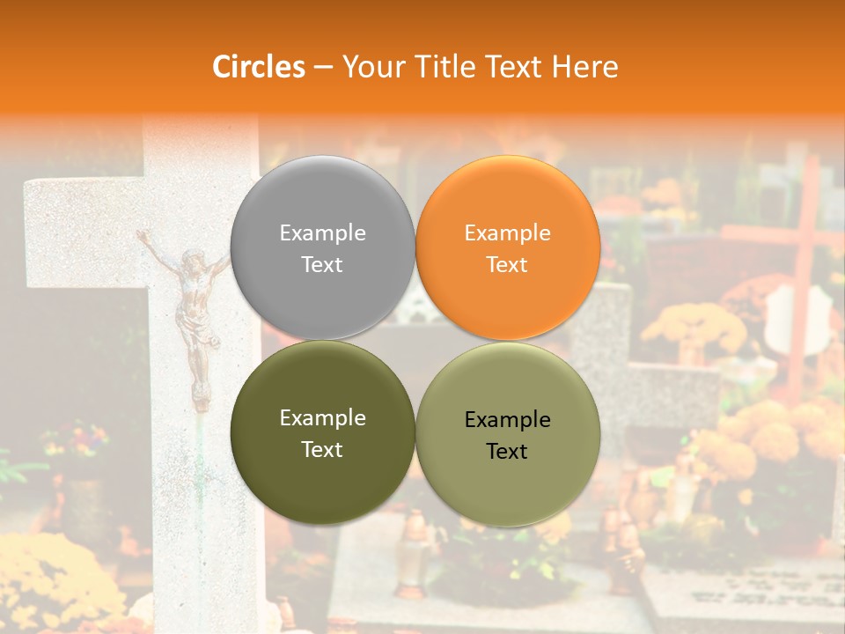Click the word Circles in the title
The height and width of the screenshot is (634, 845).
[x=258, y=67]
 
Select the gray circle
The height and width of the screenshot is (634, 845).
[x=322, y=247]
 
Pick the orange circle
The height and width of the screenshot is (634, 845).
[x=507, y=247]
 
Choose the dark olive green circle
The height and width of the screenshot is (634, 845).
[x=322, y=432]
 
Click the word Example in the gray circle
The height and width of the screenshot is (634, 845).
[x=322, y=232]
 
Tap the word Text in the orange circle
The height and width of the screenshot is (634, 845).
[x=507, y=264]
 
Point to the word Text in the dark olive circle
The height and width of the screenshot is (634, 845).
[x=322, y=449]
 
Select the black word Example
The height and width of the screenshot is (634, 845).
[x=507, y=419]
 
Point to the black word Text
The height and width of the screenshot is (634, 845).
[x=507, y=451]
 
